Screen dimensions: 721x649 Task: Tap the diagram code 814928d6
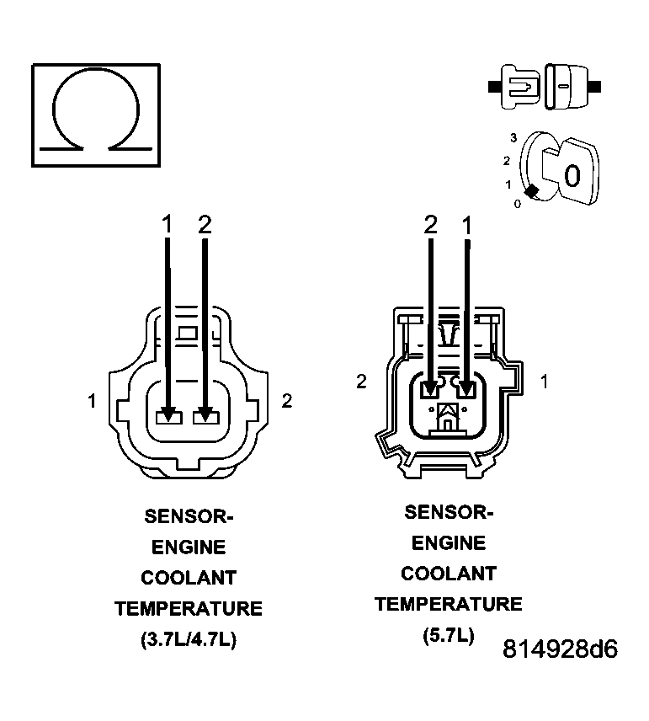tap(561, 649)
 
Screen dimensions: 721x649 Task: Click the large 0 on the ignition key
tap(572, 175)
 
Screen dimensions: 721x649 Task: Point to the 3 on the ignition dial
tap(512, 136)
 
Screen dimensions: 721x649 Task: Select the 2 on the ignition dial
tap(507, 160)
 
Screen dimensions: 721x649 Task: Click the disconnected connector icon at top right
tap(544, 86)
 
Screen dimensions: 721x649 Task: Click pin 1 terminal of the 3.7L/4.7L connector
tap(168, 415)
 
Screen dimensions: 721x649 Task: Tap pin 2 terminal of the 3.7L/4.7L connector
tap(205, 415)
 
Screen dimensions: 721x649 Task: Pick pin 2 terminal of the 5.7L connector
tap(429, 388)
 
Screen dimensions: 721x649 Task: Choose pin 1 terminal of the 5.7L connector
tap(466, 388)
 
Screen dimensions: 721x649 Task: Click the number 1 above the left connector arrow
tap(168, 224)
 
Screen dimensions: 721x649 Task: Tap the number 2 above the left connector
tap(205, 224)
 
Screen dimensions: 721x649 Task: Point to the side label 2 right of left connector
tap(286, 401)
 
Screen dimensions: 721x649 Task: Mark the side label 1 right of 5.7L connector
tap(545, 382)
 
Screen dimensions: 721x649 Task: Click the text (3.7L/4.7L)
tap(189, 639)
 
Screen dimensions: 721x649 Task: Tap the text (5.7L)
tap(449, 635)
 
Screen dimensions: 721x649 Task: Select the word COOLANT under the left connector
tap(189, 578)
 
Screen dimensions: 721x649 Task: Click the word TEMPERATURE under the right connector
tap(449, 604)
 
